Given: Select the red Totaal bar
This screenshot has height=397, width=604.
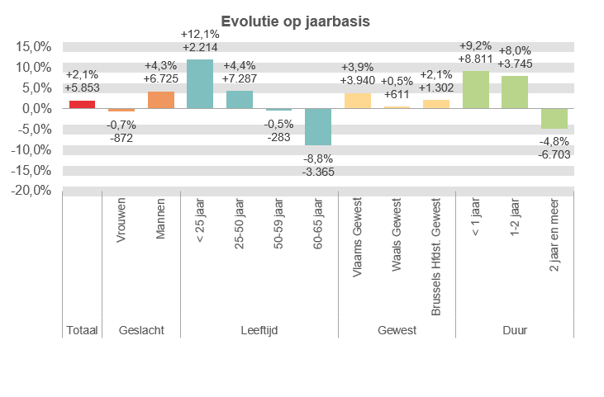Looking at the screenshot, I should (82, 104).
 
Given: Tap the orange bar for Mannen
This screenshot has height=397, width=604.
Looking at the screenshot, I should (160, 100).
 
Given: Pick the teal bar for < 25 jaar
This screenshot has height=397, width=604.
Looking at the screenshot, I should (200, 83).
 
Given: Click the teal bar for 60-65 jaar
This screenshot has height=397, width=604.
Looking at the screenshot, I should (318, 126).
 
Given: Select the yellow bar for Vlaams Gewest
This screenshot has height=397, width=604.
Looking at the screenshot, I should (358, 101).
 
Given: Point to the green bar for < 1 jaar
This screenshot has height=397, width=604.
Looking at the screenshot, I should (476, 89).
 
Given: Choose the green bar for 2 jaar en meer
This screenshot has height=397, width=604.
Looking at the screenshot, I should (554, 118).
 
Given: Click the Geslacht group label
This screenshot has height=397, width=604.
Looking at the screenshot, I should (141, 330).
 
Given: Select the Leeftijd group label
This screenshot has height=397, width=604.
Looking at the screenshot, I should (259, 330).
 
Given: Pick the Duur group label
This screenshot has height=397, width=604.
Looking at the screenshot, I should (515, 330).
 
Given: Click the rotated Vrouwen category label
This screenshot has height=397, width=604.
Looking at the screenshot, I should (121, 220).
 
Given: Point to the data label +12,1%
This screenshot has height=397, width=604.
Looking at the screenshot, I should (200, 34).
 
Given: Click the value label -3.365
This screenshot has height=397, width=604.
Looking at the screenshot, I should (318, 171).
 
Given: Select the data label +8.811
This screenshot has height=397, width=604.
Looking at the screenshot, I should (476, 59).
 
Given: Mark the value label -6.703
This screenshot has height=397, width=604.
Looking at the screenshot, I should (554, 154).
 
